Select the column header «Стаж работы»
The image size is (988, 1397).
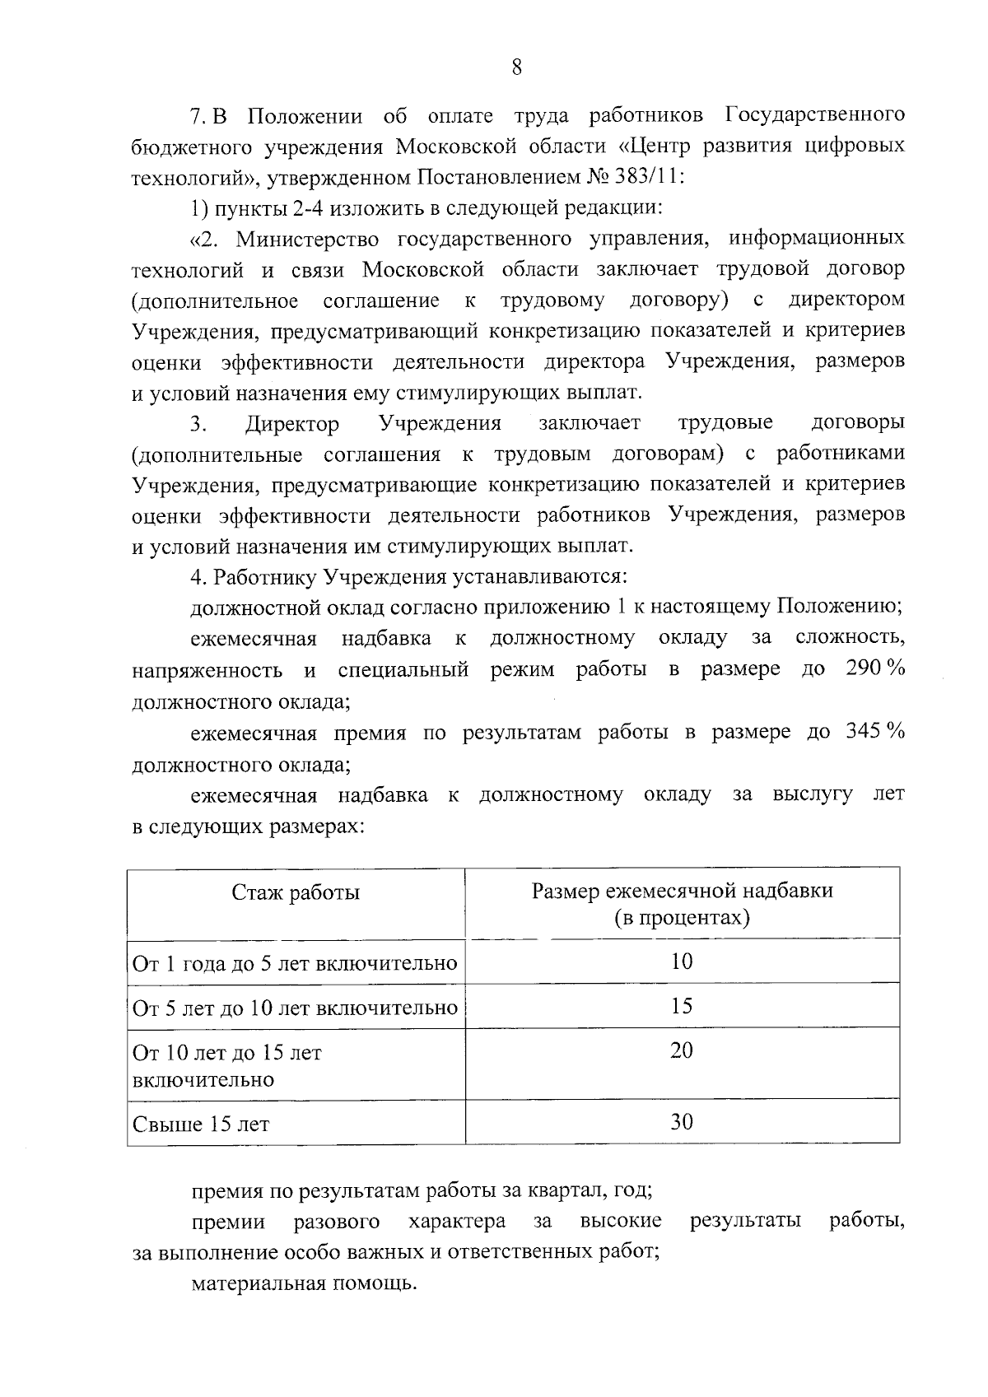coord(296,892)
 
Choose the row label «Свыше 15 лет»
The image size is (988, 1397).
coord(201,1124)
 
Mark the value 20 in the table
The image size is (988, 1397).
coord(682,1050)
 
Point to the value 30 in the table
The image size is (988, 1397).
coord(682,1121)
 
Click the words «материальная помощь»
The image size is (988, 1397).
coord(305,1283)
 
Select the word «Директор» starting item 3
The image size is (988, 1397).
coord(292,424)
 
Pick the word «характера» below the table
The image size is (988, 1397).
coord(457,1221)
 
